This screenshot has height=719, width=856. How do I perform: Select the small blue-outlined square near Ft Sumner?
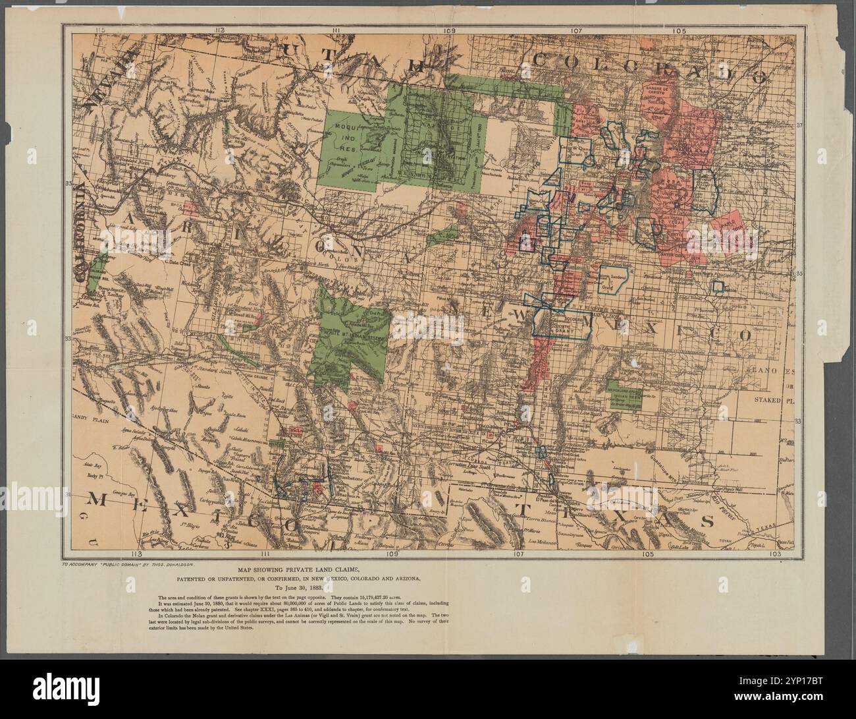[719, 287]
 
